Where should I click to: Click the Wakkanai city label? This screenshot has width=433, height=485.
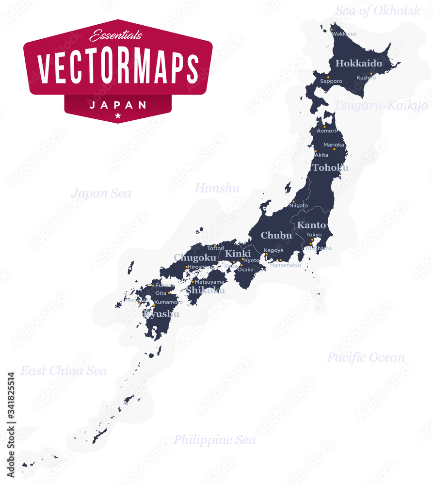(x=344, y=34)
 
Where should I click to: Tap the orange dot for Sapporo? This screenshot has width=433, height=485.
(x=328, y=77)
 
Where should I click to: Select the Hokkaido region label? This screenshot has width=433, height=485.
(x=359, y=64)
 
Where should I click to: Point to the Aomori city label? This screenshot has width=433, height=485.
(x=326, y=131)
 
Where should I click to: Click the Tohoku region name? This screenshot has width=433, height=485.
(x=330, y=168)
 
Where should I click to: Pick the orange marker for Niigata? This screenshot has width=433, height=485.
(x=293, y=201)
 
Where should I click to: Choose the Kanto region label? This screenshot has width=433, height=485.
(x=311, y=225)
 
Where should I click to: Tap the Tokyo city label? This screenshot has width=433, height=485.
(x=314, y=235)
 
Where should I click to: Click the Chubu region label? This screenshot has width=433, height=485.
(x=276, y=236)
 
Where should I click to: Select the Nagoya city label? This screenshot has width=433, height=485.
(x=274, y=250)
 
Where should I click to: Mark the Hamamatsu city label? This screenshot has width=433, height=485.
(x=286, y=265)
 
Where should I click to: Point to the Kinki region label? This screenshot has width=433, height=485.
(x=238, y=254)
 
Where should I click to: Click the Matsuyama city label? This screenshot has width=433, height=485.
(x=209, y=282)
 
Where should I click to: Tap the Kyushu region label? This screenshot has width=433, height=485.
(x=161, y=314)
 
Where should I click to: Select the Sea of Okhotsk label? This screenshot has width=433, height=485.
(x=378, y=11)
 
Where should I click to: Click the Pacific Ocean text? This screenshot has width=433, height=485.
(x=366, y=358)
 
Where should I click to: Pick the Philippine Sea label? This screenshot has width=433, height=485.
(x=214, y=440)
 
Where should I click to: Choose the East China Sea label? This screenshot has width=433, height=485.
(x=64, y=371)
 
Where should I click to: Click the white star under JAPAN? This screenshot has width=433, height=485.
(x=118, y=115)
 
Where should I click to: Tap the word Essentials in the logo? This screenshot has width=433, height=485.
(x=116, y=34)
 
